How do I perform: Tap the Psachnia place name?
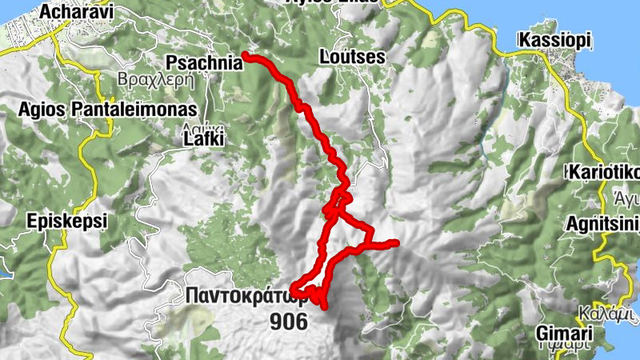pos(203,62)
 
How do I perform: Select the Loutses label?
pos(352,58)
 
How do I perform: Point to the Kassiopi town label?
pos(554,40)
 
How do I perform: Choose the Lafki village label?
pos(200,140)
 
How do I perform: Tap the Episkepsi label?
pos(66,221)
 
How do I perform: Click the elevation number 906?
pos(289,322)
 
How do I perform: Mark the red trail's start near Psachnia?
pos(244,55)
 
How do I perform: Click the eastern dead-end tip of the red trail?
pos(396,242)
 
